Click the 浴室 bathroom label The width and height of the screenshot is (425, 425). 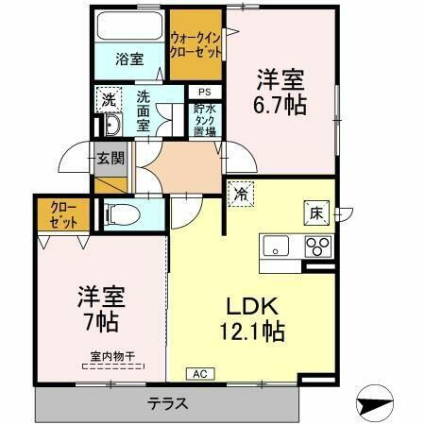[x=130, y=59]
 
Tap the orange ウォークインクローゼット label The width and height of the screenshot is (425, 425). [x=195, y=45]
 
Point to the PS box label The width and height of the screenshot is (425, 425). [x=204, y=92]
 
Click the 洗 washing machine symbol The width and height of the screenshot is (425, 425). [x=109, y=98]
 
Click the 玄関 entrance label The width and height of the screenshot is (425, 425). [x=110, y=158]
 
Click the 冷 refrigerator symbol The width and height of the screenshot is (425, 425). [x=242, y=195]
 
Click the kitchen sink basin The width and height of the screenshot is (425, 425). [x=277, y=247]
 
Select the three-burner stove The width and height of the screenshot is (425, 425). [x=316, y=247]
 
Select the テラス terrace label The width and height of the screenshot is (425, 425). [x=166, y=403]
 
